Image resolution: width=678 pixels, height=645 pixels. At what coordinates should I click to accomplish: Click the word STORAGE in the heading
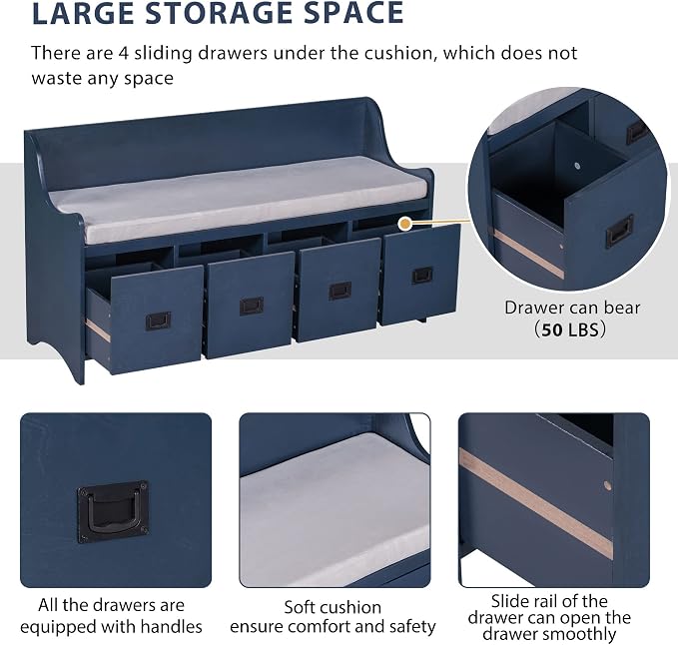click(x=219, y=13)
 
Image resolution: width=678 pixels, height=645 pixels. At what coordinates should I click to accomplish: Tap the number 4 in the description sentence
click(x=123, y=54)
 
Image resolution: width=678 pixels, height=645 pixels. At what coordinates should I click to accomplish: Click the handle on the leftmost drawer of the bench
click(x=158, y=321)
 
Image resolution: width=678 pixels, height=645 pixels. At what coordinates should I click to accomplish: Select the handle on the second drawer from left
click(x=252, y=307)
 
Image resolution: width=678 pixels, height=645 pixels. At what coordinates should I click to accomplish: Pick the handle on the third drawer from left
click(x=340, y=291)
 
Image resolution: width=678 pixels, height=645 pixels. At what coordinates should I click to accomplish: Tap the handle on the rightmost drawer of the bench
click(x=422, y=276)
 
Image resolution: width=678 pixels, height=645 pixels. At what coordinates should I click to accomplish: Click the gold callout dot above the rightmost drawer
click(x=405, y=223)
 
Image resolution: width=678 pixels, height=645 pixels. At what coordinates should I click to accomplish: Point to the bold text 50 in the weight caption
click(x=552, y=330)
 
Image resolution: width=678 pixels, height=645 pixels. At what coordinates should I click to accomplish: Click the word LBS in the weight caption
click(x=582, y=330)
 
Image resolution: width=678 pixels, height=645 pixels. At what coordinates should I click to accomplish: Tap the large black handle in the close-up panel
click(x=113, y=512)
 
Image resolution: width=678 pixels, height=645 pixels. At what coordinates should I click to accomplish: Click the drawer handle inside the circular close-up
click(x=620, y=231)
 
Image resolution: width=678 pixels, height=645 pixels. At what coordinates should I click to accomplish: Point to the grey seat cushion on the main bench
click(x=238, y=198)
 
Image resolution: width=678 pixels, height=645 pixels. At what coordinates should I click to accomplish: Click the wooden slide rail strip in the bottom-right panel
click(x=536, y=503)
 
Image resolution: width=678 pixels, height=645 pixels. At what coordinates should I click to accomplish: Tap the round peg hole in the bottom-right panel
click(x=607, y=485)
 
